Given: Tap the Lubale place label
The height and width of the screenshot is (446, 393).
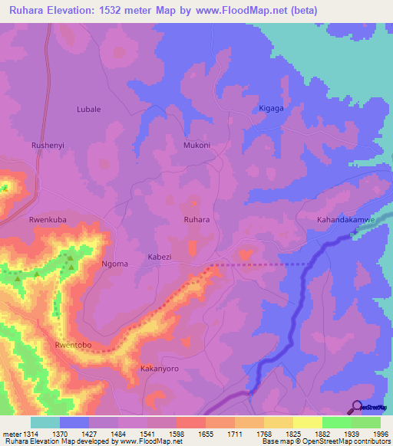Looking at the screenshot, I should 88,110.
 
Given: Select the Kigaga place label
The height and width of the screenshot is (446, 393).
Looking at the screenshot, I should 272,108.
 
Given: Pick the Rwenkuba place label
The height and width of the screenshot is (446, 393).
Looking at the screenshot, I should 48,220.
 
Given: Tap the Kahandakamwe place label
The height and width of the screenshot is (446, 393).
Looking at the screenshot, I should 346,220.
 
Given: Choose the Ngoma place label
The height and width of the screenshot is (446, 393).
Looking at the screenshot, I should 115,264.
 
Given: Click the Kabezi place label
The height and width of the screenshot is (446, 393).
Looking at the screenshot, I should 160,257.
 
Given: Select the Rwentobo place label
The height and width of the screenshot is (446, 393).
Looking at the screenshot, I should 74,346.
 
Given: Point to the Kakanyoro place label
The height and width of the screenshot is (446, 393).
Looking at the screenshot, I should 160,369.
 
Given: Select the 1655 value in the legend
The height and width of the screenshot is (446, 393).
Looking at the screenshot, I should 203,435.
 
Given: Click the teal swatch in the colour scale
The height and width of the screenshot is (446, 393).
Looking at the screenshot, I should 45,422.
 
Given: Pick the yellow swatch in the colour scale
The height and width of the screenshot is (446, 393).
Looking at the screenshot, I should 307,422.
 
